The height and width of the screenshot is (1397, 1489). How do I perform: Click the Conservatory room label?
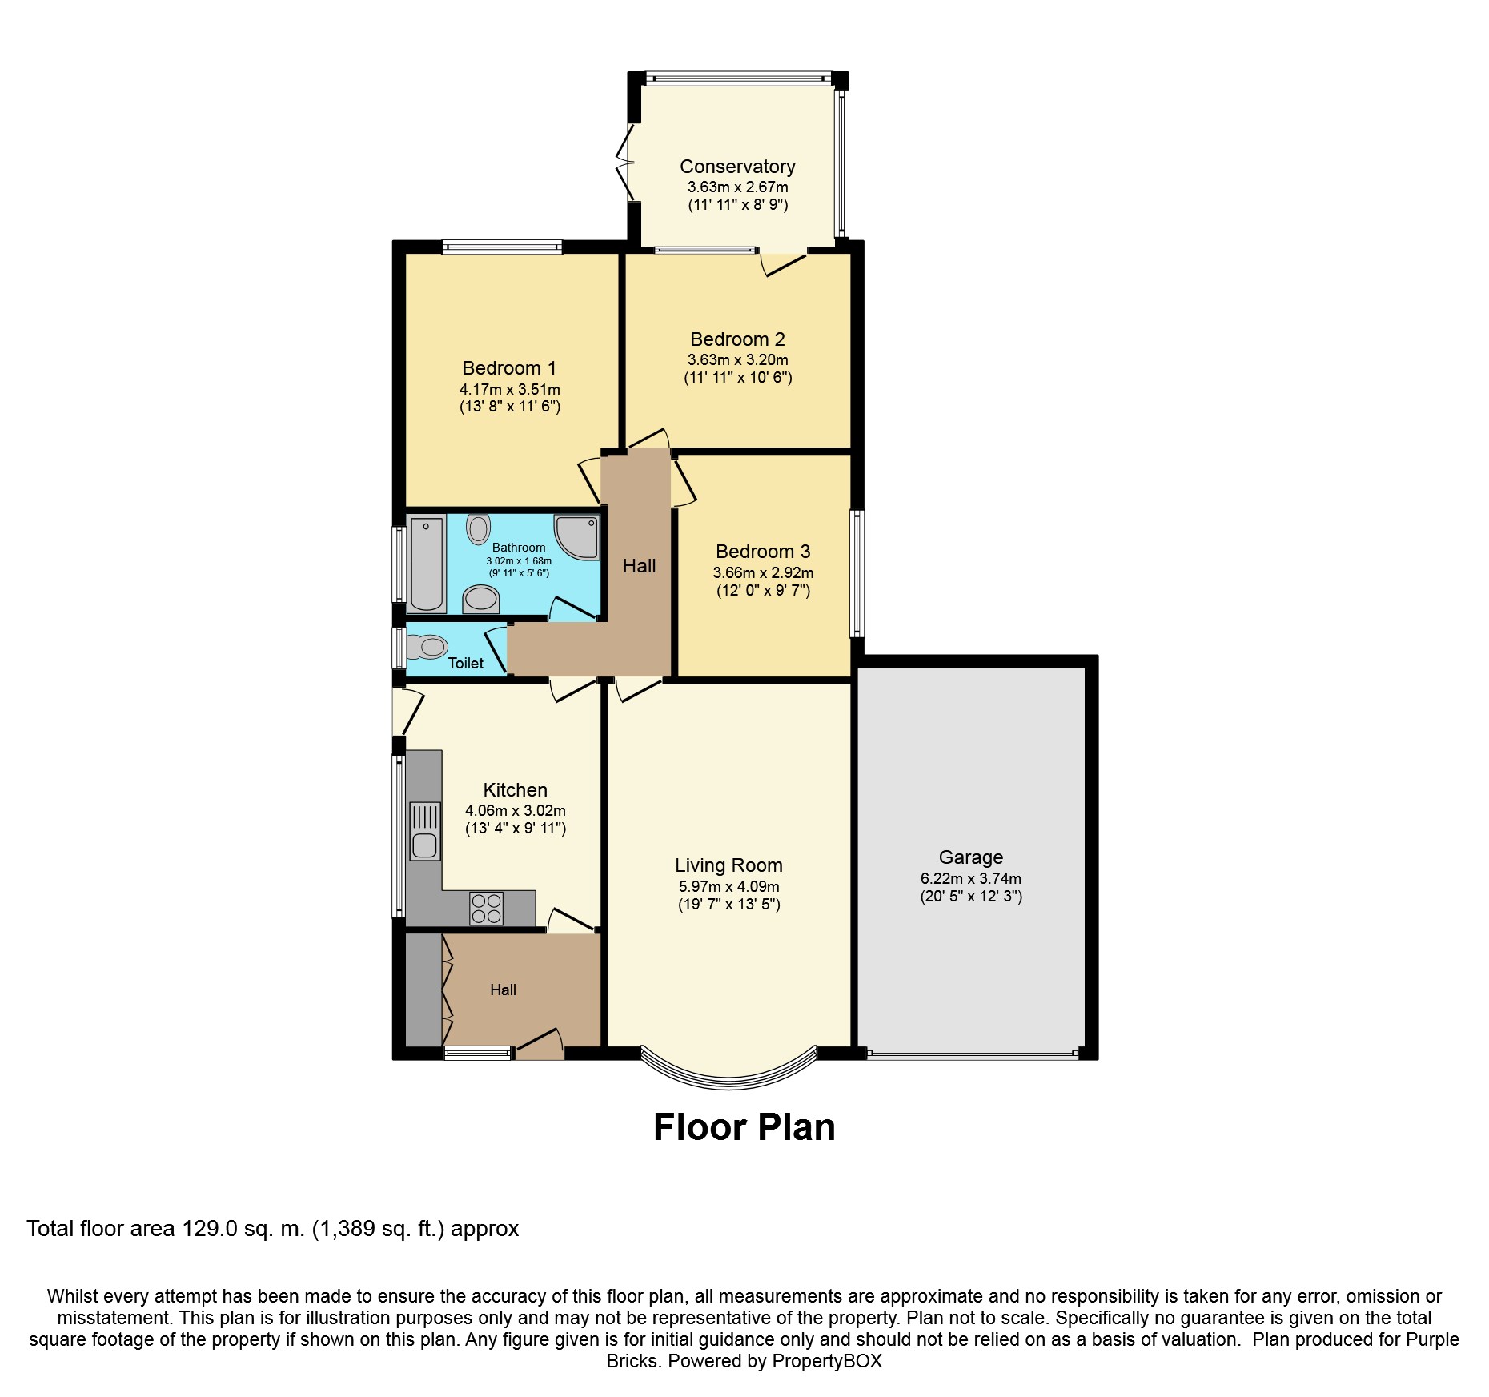coord(737,167)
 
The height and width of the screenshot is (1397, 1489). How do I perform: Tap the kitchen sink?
coord(425,832)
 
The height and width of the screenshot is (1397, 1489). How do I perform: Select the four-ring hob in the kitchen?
coord(487,908)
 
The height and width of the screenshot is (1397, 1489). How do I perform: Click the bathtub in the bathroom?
coord(427,564)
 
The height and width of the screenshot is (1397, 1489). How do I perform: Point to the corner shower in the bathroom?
coord(576,536)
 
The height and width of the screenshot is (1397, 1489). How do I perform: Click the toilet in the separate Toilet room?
coord(427,646)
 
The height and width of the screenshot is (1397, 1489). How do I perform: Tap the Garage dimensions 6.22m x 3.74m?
coord(971,878)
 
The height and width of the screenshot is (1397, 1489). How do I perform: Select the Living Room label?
coord(728,865)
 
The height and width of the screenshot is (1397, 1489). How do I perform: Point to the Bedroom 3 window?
coord(857,573)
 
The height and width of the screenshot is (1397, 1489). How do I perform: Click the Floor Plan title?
coord(744,1127)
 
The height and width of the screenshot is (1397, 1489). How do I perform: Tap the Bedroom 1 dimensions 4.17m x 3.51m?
coord(510,390)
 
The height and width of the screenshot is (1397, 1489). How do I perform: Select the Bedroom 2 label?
coord(738,339)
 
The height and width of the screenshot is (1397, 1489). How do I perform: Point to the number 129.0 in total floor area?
coord(211,1229)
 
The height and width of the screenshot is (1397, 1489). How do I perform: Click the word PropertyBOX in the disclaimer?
coord(827,1361)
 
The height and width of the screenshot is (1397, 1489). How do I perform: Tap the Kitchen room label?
coord(516,790)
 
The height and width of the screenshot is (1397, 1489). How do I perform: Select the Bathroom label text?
coord(519,548)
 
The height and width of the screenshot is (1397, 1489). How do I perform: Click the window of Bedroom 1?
coord(502,247)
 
